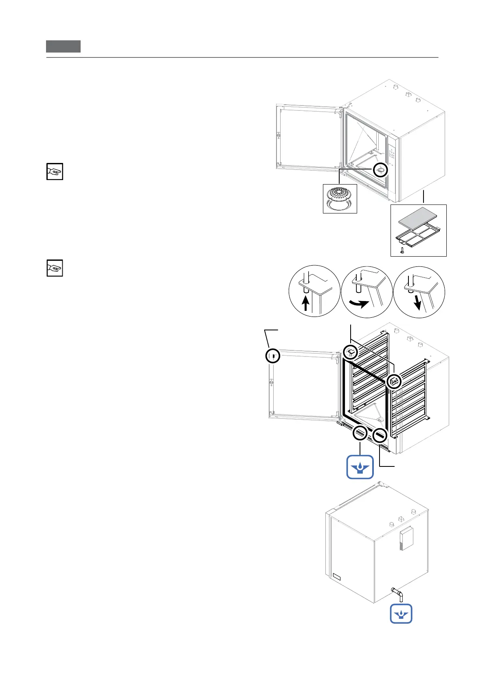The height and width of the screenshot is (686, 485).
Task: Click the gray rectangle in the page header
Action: (63, 46)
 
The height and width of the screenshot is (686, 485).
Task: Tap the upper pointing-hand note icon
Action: (55, 171)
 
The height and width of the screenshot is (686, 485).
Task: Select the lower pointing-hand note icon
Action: (55, 268)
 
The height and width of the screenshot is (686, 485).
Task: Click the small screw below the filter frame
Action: (402, 250)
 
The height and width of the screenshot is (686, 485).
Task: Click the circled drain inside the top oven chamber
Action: (380, 170)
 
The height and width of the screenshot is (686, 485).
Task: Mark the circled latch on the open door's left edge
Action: (273, 356)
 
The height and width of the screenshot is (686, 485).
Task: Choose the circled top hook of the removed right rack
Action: (394, 382)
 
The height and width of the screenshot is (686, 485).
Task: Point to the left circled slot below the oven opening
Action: (360, 433)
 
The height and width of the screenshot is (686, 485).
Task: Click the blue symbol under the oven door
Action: (360, 467)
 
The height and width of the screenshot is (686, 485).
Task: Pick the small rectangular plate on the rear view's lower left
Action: (336, 576)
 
